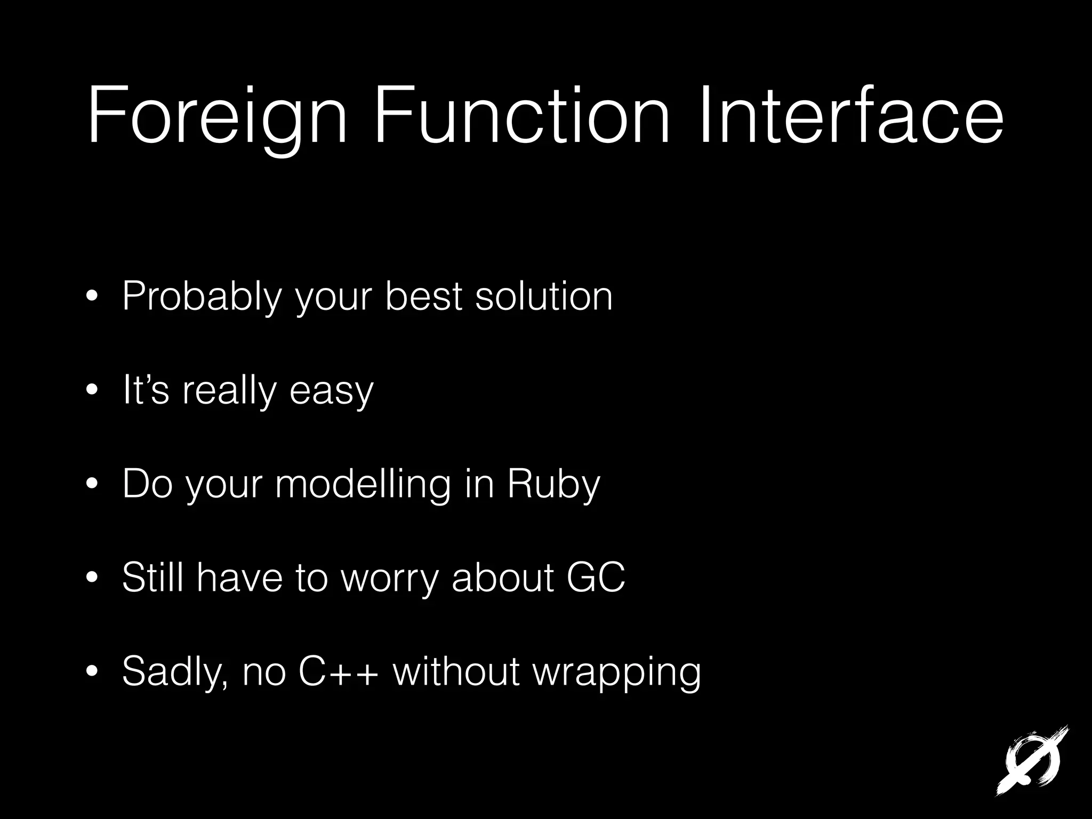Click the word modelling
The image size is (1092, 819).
tap(363, 484)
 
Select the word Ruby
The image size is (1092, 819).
tap(553, 484)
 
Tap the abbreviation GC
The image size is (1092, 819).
tap(596, 577)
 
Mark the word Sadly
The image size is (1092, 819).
tap(175, 672)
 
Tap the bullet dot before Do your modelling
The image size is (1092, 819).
tap(92, 485)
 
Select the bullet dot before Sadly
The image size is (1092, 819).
tap(92, 671)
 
